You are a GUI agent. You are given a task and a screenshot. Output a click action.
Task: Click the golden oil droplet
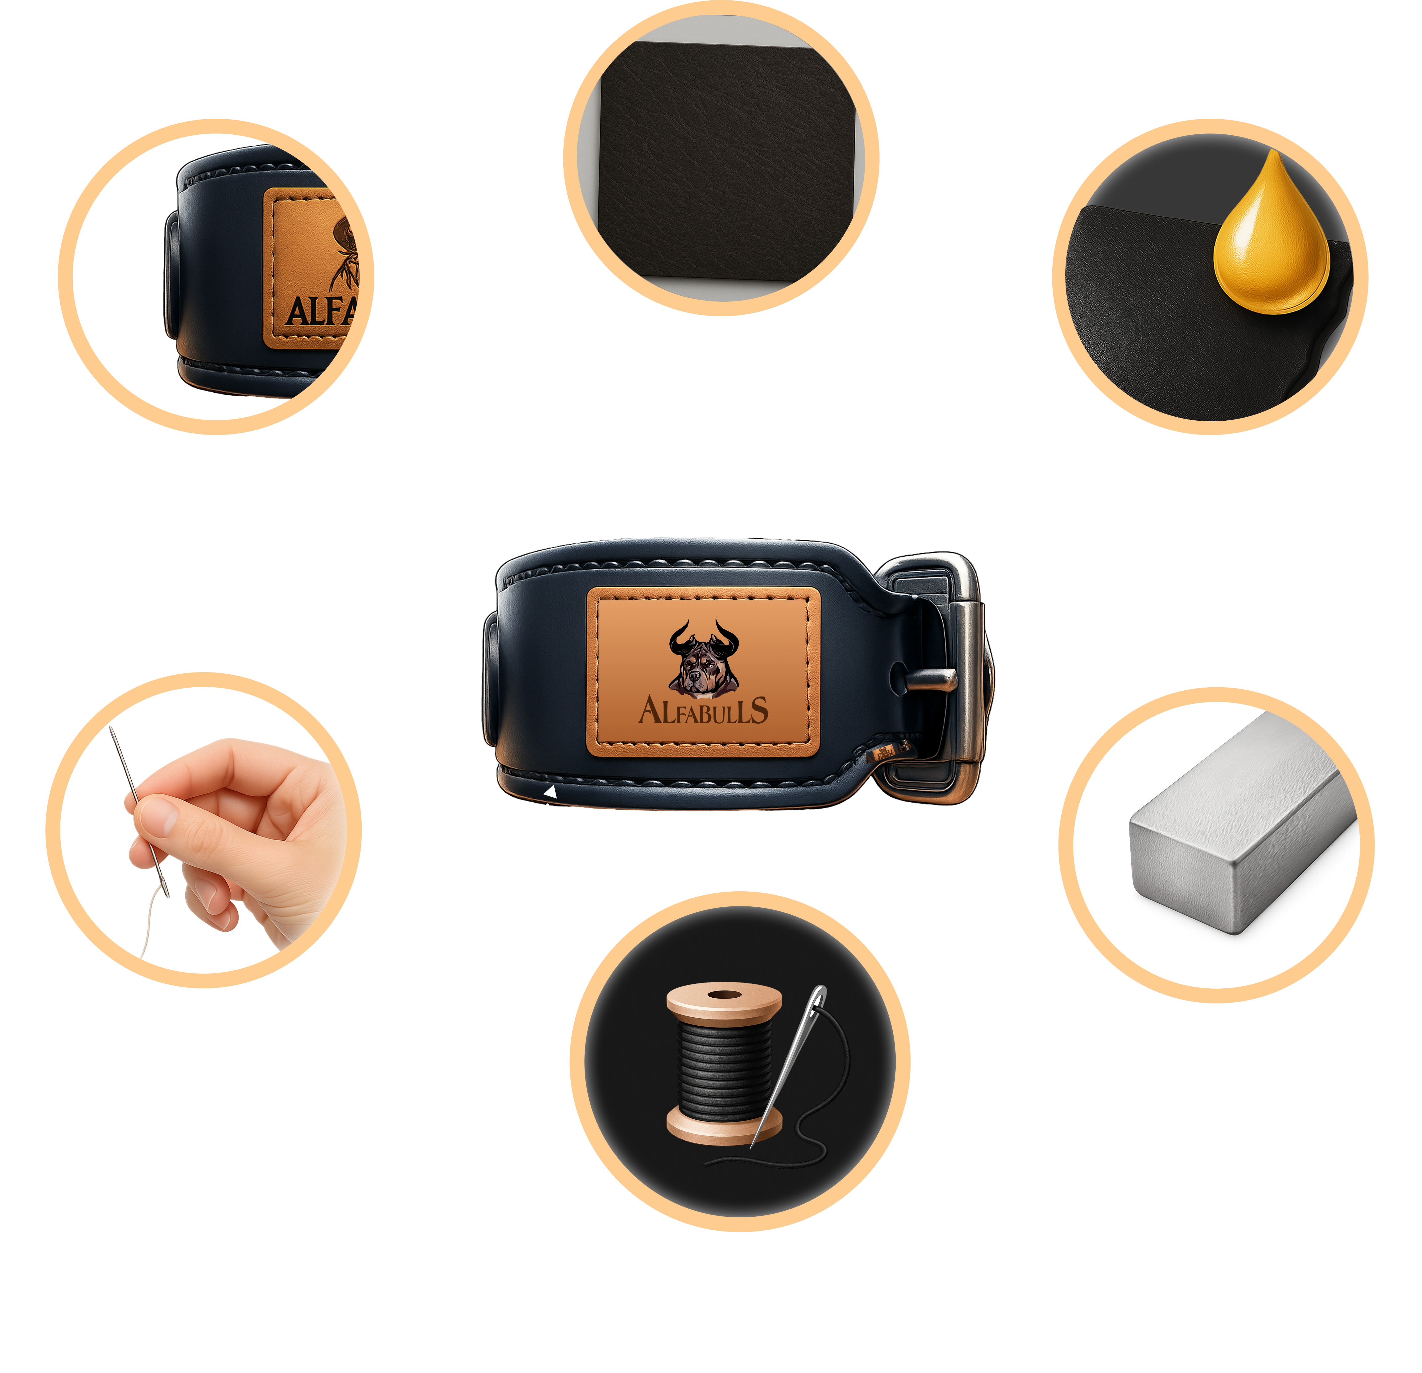[1271, 239]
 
